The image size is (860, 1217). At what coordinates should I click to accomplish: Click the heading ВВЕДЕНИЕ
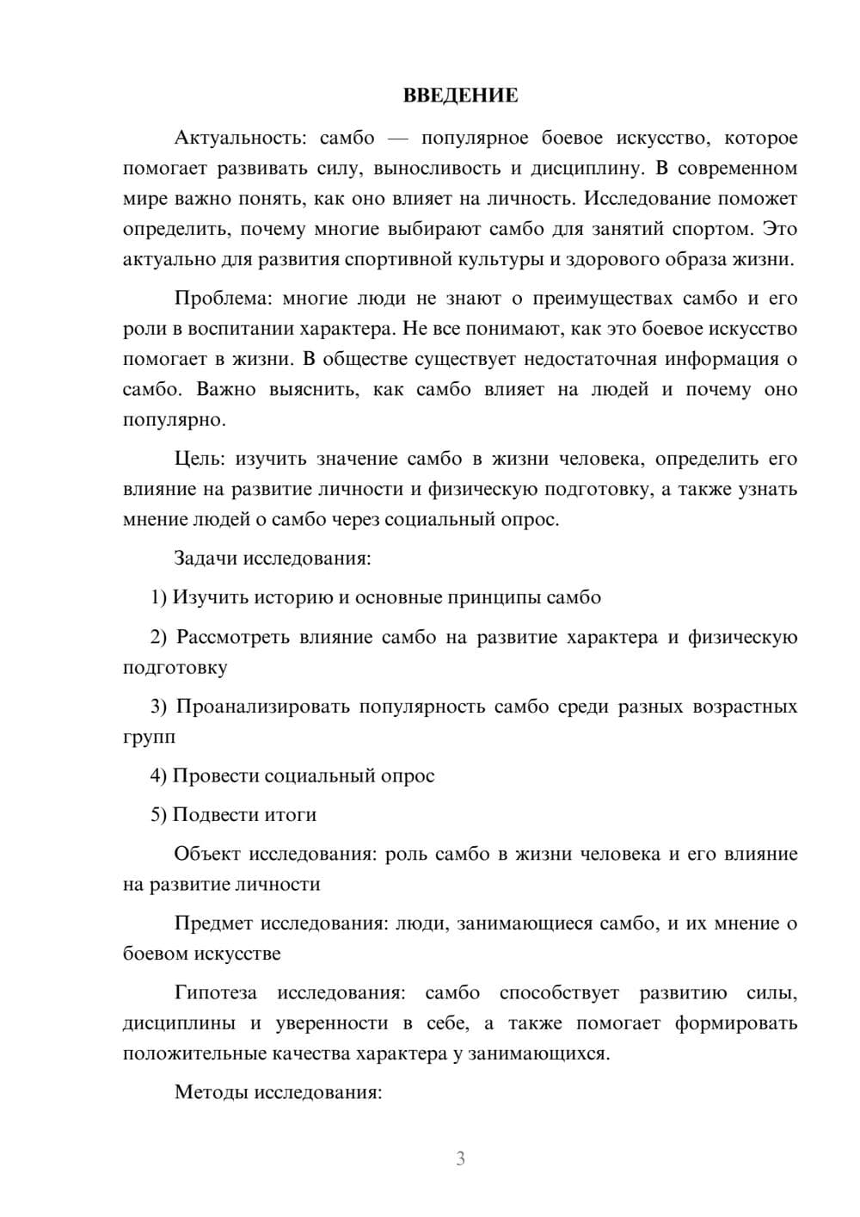coord(460,96)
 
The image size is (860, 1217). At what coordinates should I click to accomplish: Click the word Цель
coord(199,459)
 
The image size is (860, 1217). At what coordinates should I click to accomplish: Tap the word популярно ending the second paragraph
coord(174,420)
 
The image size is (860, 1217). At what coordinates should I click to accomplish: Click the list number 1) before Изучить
coord(159,597)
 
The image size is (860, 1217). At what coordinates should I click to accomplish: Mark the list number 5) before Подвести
coord(159,815)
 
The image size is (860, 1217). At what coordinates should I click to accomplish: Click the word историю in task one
coord(298,597)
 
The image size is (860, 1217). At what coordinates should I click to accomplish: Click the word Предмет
coord(213,924)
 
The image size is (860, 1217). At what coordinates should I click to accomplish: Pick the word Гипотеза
coord(215,992)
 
